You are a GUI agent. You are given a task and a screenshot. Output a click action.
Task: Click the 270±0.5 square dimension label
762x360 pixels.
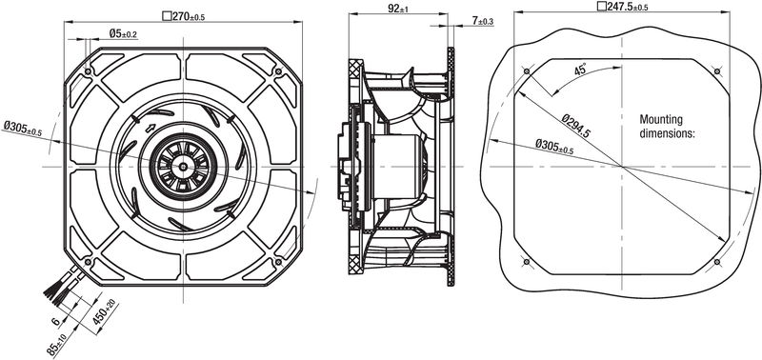[183, 16]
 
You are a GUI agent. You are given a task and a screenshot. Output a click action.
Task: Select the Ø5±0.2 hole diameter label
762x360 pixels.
[123, 33]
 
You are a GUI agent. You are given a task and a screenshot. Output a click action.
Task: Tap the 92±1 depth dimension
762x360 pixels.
[398, 9]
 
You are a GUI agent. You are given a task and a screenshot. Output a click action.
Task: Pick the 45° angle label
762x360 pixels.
[580, 69]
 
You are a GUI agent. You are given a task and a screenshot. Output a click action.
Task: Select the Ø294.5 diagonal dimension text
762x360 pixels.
[575, 126]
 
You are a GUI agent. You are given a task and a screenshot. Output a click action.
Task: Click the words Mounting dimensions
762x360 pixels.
[668, 127]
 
